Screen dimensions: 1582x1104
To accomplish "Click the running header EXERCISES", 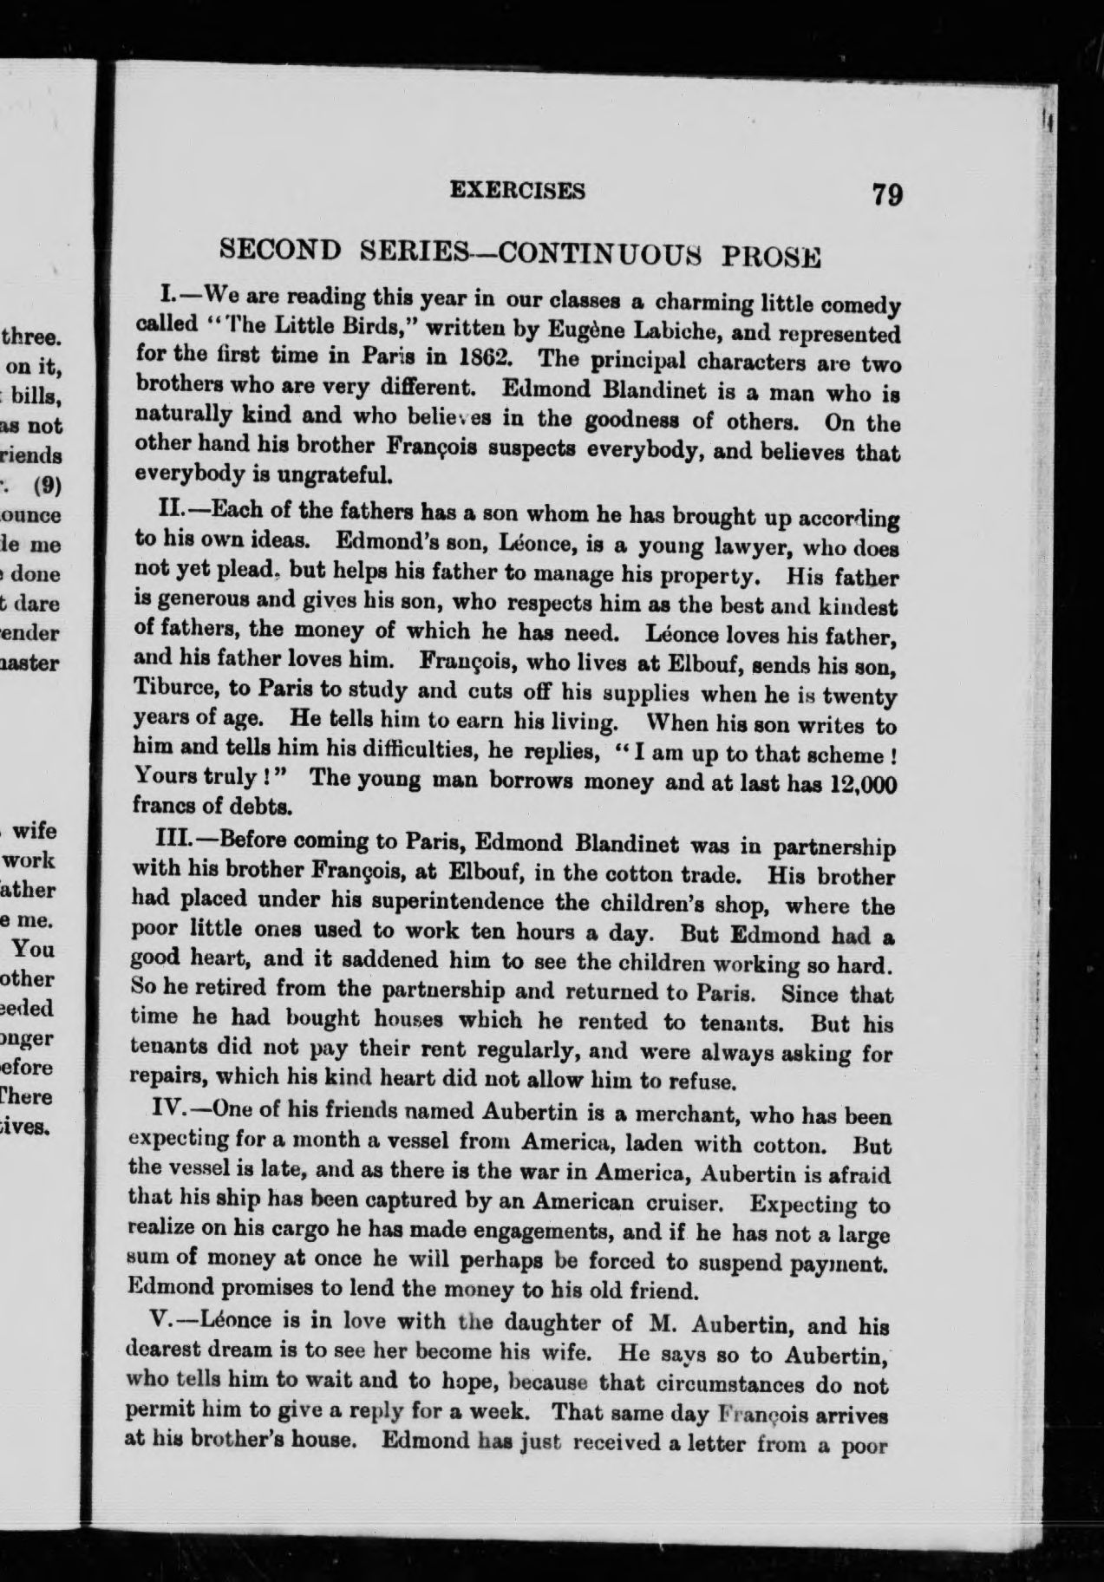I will tap(518, 190).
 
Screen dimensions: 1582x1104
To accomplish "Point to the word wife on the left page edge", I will tap(37, 831).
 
